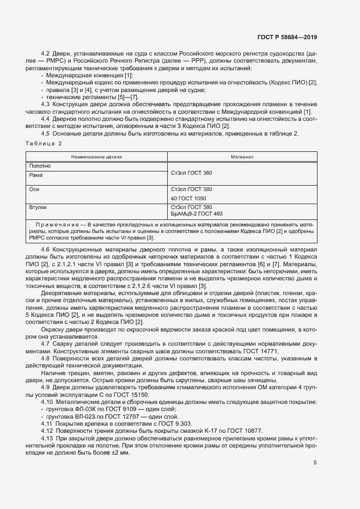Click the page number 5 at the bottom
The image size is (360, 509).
point(315,463)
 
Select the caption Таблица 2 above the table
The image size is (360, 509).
point(44,143)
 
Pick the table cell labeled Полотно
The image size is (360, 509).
point(40,165)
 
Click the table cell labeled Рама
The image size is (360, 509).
point(36,175)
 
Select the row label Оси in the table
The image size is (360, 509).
point(34,189)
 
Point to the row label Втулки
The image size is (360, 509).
point(38,207)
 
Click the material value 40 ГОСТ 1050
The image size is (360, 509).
point(188,198)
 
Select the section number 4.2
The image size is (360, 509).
point(46,53)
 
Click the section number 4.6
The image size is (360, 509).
point(46,249)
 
